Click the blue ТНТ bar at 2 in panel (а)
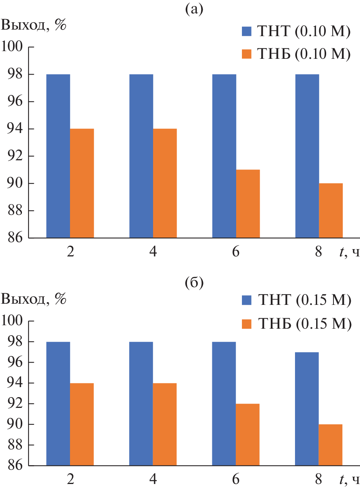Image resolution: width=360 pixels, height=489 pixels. click(58, 156)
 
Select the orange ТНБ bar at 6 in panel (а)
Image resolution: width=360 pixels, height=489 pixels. click(248, 204)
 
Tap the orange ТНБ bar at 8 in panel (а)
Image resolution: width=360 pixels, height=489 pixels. click(331, 211)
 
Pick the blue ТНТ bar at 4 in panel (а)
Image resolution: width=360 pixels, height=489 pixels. click(141, 156)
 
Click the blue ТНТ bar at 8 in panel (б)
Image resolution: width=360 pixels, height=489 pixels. click(307, 409)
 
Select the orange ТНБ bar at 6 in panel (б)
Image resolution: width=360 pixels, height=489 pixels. click(248, 435)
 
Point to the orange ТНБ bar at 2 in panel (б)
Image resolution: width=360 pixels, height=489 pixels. click(82, 424)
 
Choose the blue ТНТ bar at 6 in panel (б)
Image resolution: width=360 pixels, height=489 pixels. click(224, 404)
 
